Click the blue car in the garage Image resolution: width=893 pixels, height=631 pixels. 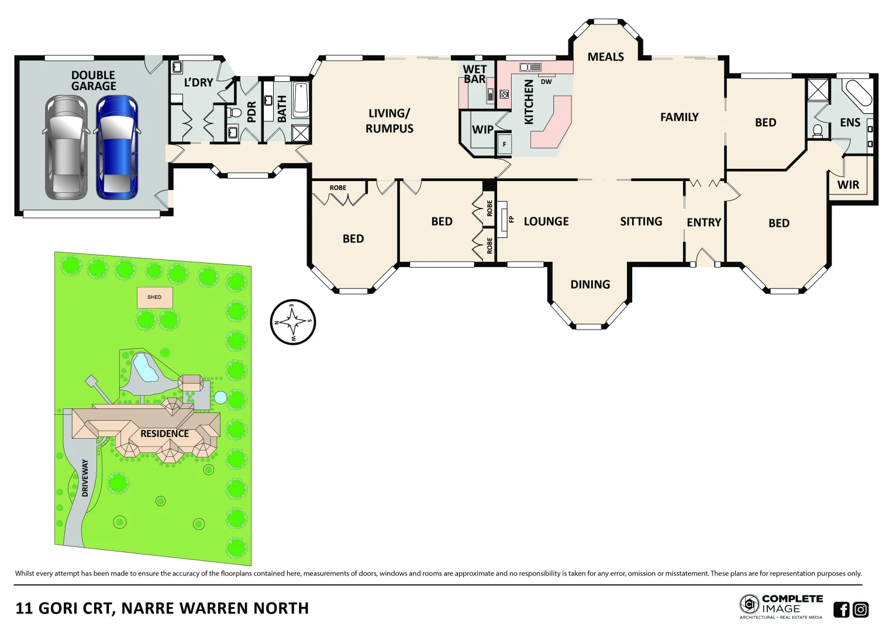click(x=118, y=147)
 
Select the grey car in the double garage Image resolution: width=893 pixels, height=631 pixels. click(x=66, y=147)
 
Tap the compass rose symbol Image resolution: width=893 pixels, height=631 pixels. click(x=293, y=322)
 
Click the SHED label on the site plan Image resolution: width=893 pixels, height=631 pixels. click(x=154, y=297)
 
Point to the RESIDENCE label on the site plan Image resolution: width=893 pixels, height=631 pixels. click(x=164, y=434)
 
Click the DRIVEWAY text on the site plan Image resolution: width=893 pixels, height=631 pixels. click(x=85, y=478)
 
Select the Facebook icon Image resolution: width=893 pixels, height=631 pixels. click(x=841, y=609)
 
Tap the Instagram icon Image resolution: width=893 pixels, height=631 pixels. click(x=861, y=609)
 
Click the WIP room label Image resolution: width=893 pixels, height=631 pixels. click(x=482, y=130)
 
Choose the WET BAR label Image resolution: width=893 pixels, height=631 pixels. click(x=474, y=74)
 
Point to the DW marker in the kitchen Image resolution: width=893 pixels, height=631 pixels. click(x=546, y=82)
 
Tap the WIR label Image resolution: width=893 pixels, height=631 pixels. click(x=848, y=185)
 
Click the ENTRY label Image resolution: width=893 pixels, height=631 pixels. click(x=704, y=223)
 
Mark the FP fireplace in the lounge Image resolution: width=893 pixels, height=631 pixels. click(x=504, y=220)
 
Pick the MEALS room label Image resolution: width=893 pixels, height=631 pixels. click(x=605, y=57)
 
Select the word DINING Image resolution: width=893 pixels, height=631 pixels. click(x=590, y=285)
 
